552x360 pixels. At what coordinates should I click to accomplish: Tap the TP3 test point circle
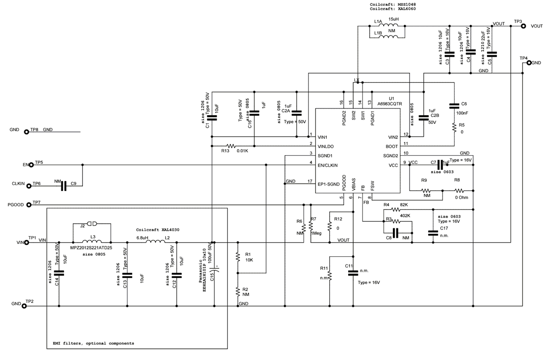coord(524,27)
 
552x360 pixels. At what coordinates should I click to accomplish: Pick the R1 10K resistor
coord(238,257)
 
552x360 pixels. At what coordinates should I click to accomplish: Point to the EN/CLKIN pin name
coord(328,164)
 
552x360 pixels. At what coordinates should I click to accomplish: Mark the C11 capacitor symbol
coord(353,273)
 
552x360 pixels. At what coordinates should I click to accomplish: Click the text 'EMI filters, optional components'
coord(91,343)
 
